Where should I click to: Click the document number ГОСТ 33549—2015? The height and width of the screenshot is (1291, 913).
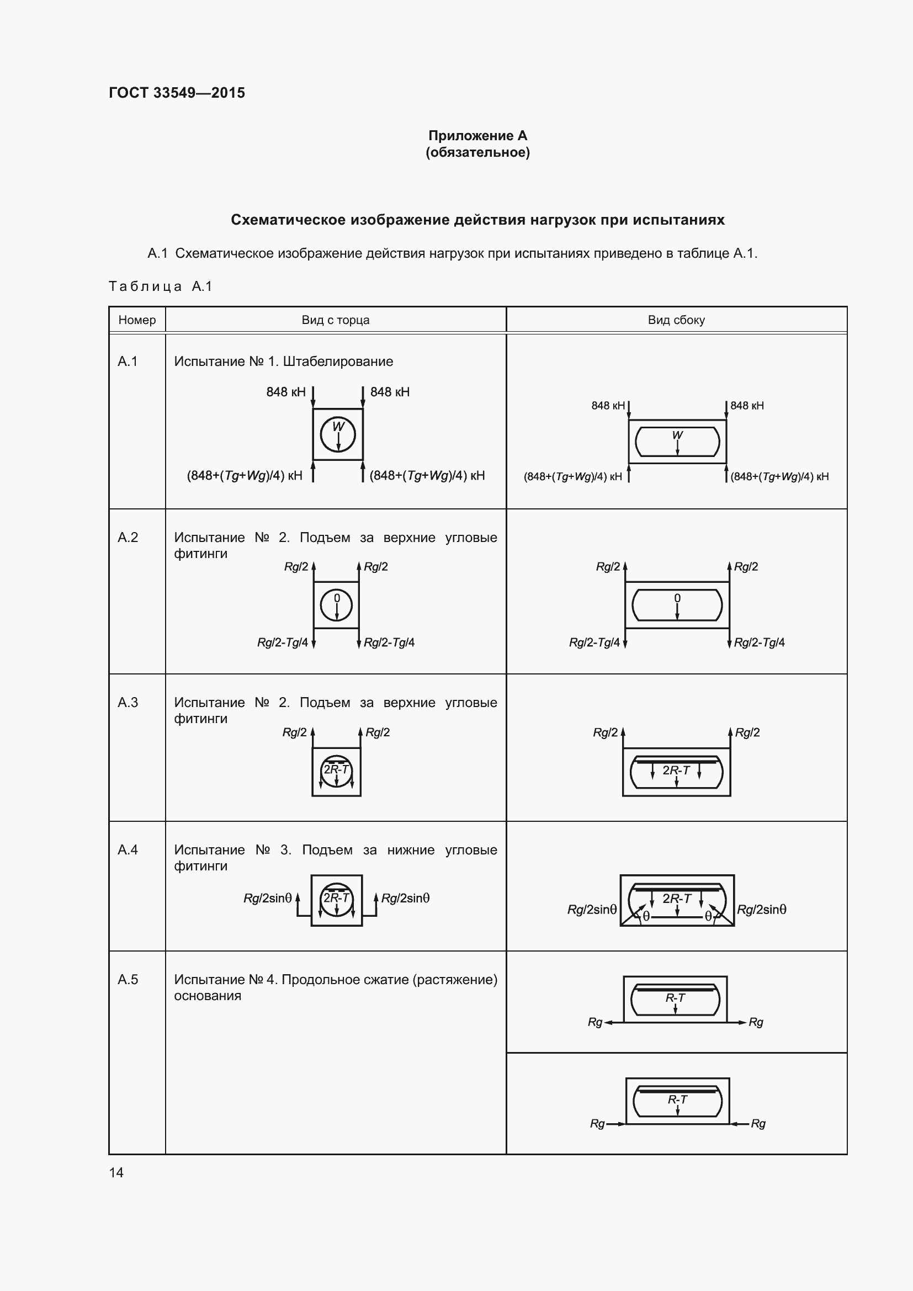coord(177,93)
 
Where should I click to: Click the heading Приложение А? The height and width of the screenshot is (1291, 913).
coord(477,136)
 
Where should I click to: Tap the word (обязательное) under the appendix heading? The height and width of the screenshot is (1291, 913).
coord(477,152)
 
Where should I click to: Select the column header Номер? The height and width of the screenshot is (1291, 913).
coord(137,320)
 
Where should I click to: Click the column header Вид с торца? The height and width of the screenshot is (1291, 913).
coord(336,320)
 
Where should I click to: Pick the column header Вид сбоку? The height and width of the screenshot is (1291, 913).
coord(676,320)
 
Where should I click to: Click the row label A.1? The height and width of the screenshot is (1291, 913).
coord(128,362)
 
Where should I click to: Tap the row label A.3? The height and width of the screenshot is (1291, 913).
coord(128,702)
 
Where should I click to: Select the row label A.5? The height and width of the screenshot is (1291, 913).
coord(128,980)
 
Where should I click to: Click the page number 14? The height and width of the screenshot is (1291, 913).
coord(116,1172)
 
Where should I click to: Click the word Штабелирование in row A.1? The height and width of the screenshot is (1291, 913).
coord(338,362)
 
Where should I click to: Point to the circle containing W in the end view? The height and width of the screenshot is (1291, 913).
coord(338,434)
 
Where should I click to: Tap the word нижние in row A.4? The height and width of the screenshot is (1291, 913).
coord(410,849)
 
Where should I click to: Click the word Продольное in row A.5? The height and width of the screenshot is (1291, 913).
coord(314,980)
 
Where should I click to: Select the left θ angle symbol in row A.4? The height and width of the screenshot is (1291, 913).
coord(646,917)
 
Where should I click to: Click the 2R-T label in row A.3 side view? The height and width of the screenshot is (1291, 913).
coord(676,771)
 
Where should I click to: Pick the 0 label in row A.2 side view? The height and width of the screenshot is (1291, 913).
coord(677,598)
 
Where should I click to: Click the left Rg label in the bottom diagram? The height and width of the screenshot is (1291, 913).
coord(597,1123)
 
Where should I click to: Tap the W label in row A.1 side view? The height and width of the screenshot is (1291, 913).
coord(677,435)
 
